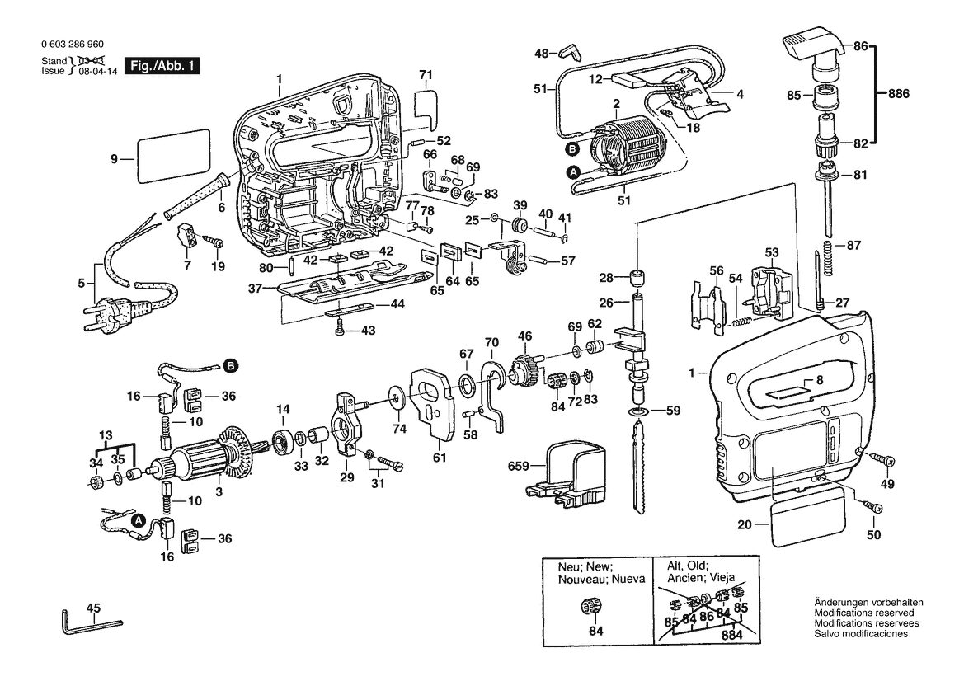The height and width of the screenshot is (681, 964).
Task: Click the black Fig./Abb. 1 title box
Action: click(x=162, y=66)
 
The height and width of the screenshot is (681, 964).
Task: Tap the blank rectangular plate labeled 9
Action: click(x=172, y=156)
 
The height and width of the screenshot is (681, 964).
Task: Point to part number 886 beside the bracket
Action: click(x=898, y=94)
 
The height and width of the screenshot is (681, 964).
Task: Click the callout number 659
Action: click(x=518, y=467)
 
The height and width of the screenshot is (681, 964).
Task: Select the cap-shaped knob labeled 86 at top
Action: click(x=808, y=47)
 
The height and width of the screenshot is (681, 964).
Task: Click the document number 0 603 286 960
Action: click(x=73, y=45)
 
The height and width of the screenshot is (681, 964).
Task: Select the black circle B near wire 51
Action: click(x=573, y=148)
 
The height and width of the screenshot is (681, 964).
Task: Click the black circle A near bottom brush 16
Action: click(x=139, y=520)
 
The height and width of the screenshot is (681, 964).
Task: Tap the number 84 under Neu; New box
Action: click(x=595, y=631)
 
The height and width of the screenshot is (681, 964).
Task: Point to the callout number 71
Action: click(x=426, y=75)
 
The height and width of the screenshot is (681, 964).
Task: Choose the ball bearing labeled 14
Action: click(x=283, y=439)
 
